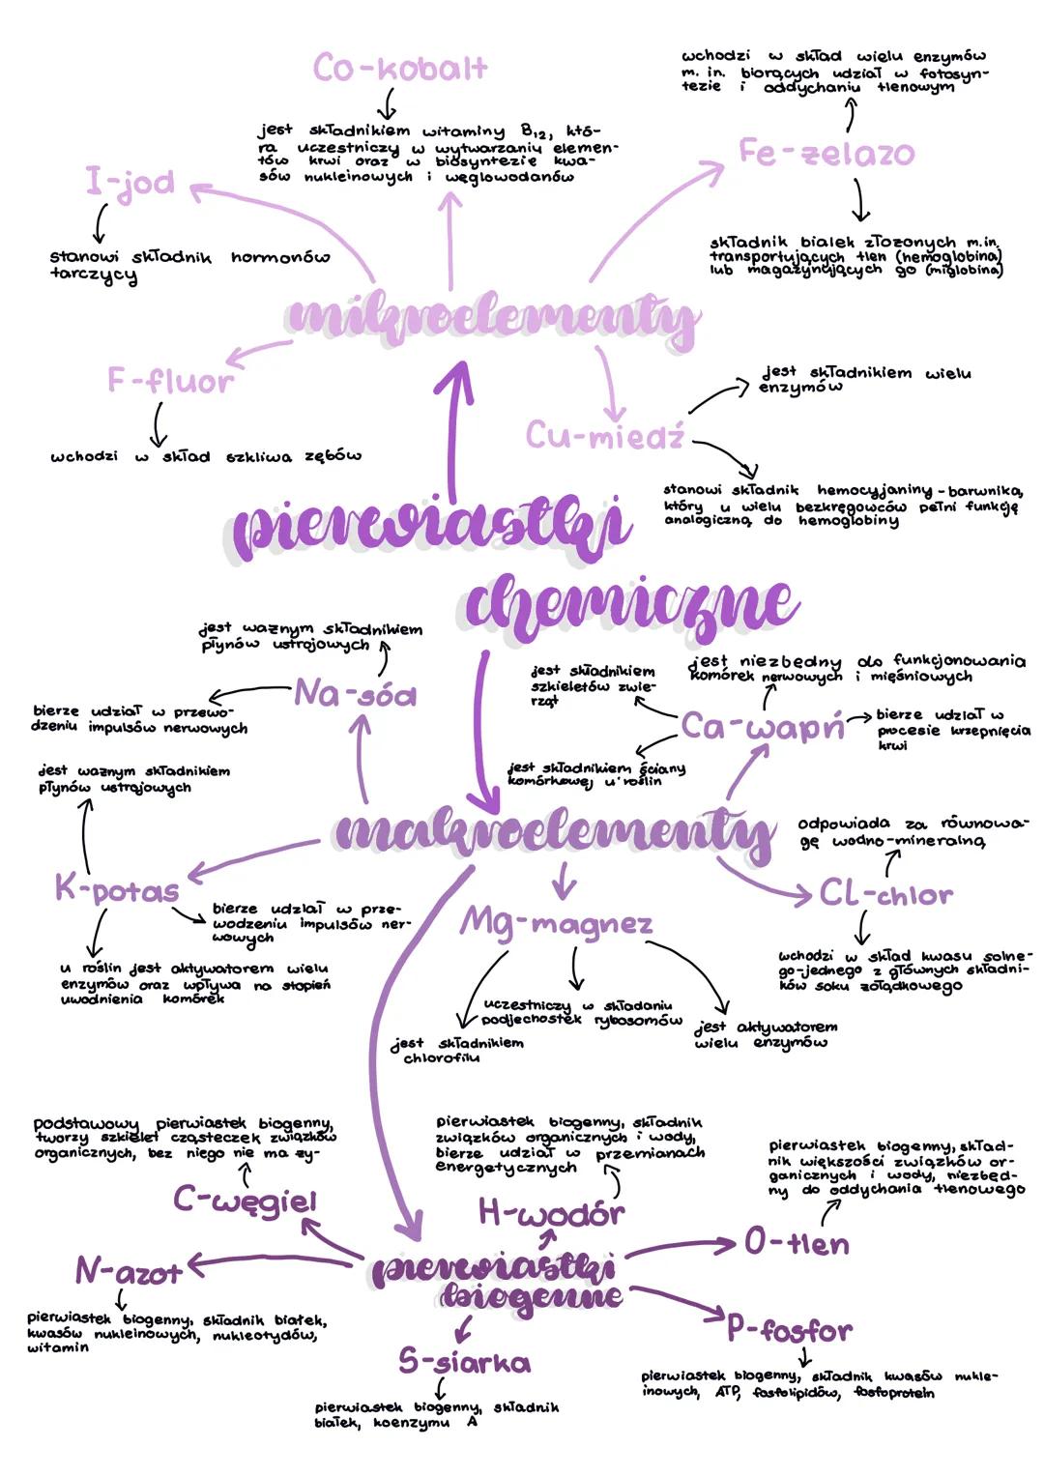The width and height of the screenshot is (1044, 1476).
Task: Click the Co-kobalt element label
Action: point(400,68)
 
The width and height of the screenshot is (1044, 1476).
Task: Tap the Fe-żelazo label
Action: point(826,153)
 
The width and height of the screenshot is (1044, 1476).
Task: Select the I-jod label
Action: point(130,182)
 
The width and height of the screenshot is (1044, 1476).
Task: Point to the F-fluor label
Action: point(170,381)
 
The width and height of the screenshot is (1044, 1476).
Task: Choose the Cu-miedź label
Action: point(605,436)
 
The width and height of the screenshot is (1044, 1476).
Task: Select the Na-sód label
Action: point(355,693)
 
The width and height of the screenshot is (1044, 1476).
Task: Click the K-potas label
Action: point(117,888)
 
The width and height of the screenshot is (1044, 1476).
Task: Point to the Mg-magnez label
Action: point(556,922)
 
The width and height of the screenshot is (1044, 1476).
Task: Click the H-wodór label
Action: point(551,1212)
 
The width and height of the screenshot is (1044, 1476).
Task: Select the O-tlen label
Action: point(797,1243)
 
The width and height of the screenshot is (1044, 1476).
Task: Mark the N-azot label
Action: point(129,1271)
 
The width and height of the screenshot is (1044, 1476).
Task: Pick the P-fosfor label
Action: point(790,1331)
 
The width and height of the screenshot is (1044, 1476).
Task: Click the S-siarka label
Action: point(465,1362)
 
